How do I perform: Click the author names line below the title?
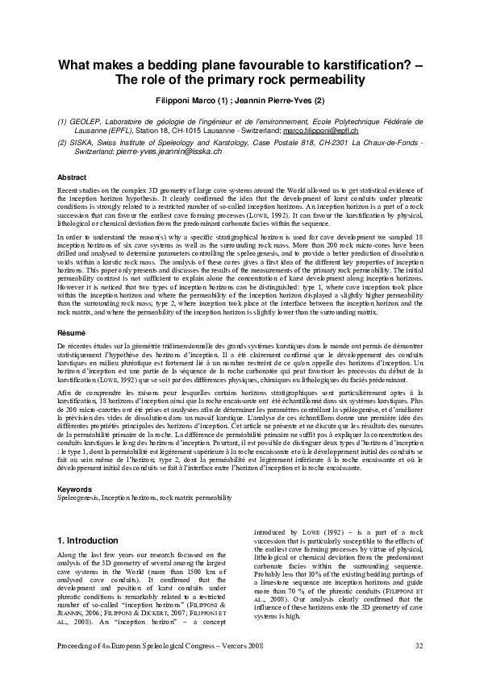tap(240, 102)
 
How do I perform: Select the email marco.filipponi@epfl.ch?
tap(319, 130)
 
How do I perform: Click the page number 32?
tap(419, 645)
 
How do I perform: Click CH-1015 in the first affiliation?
tap(185, 130)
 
